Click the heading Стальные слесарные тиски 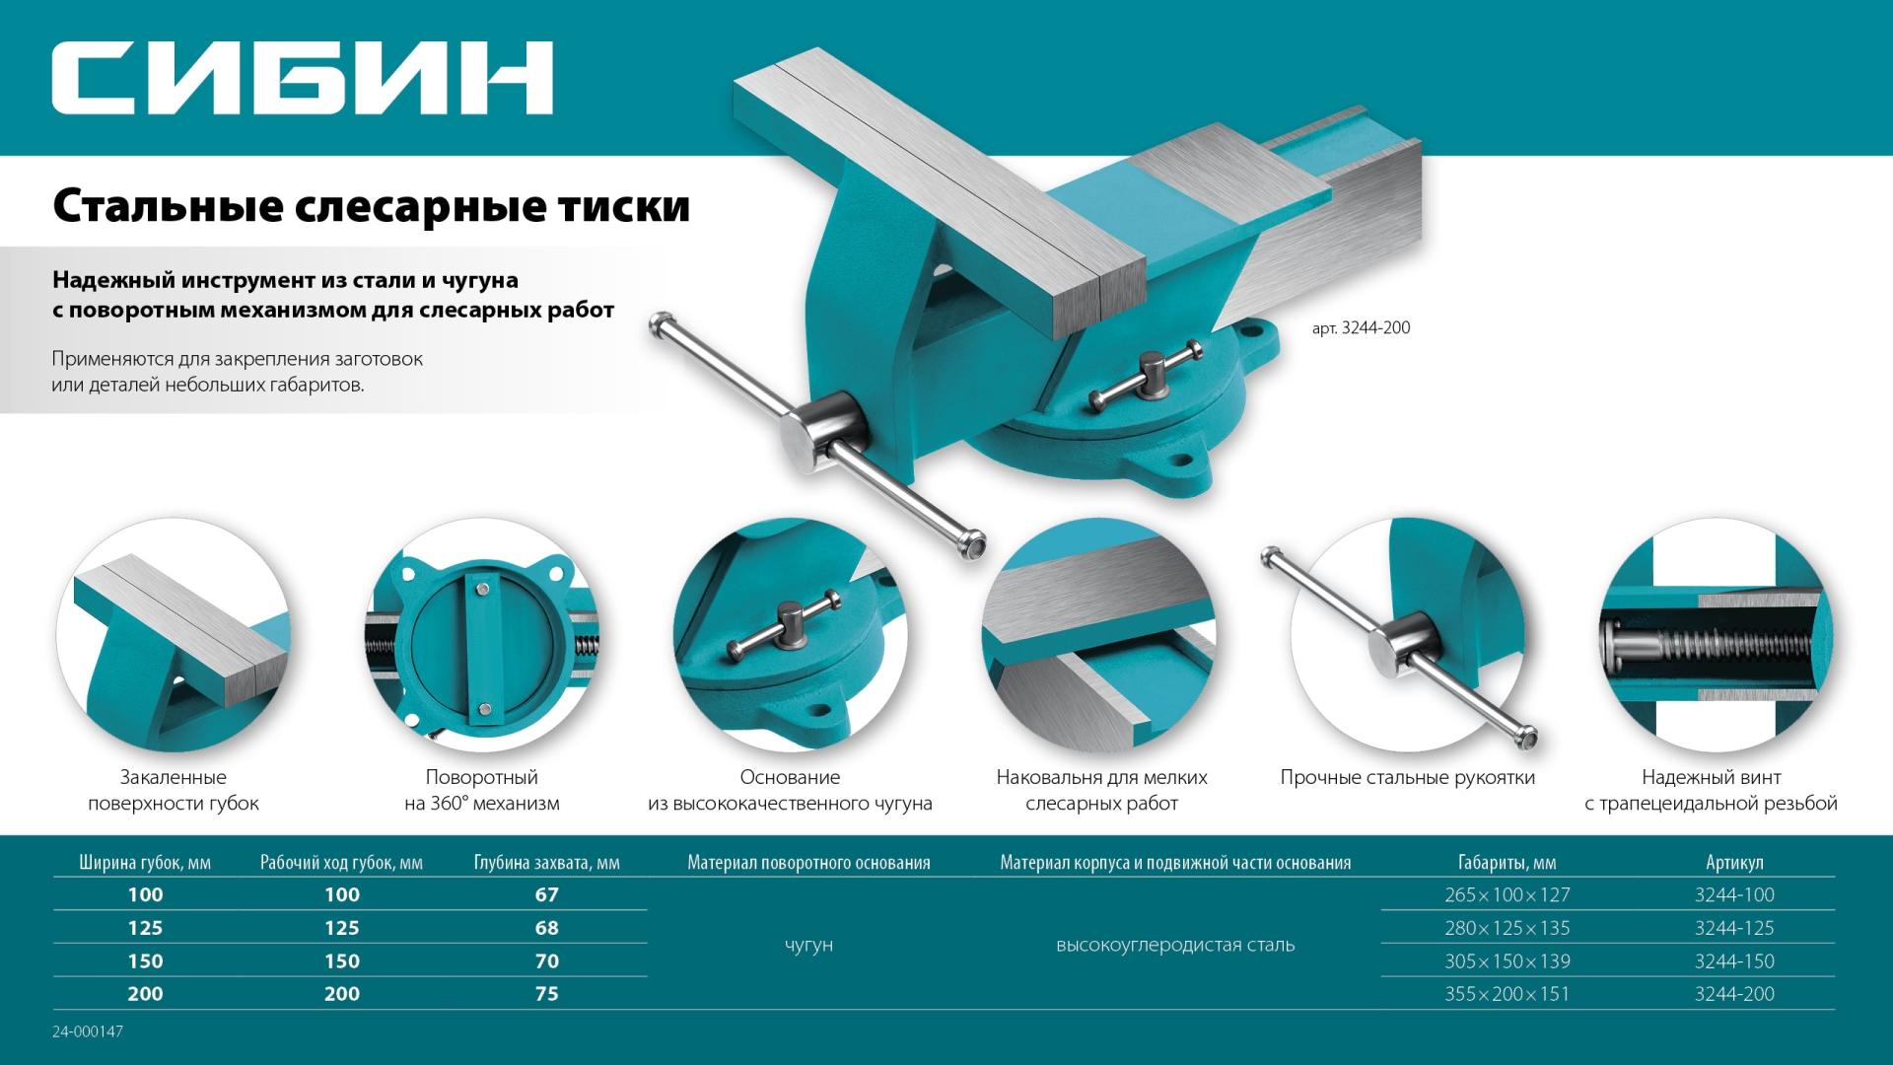(x=371, y=207)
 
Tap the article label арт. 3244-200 (x=1361, y=328)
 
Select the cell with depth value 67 (x=546, y=894)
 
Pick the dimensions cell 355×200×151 (x=1507, y=994)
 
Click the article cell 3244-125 (x=1733, y=928)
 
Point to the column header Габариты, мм (x=1507, y=863)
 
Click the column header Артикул (x=1733, y=863)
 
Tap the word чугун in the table (x=808, y=945)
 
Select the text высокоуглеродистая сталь (x=1174, y=945)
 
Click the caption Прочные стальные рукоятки (x=1407, y=778)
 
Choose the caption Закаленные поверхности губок (x=174, y=790)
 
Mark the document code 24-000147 (x=88, y=1031)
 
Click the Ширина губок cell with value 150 (x=145, y=960)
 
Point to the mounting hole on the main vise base (x=1179, y=460)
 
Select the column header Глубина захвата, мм (x=546, y=863)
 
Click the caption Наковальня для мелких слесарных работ (x=1101, y=790)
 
